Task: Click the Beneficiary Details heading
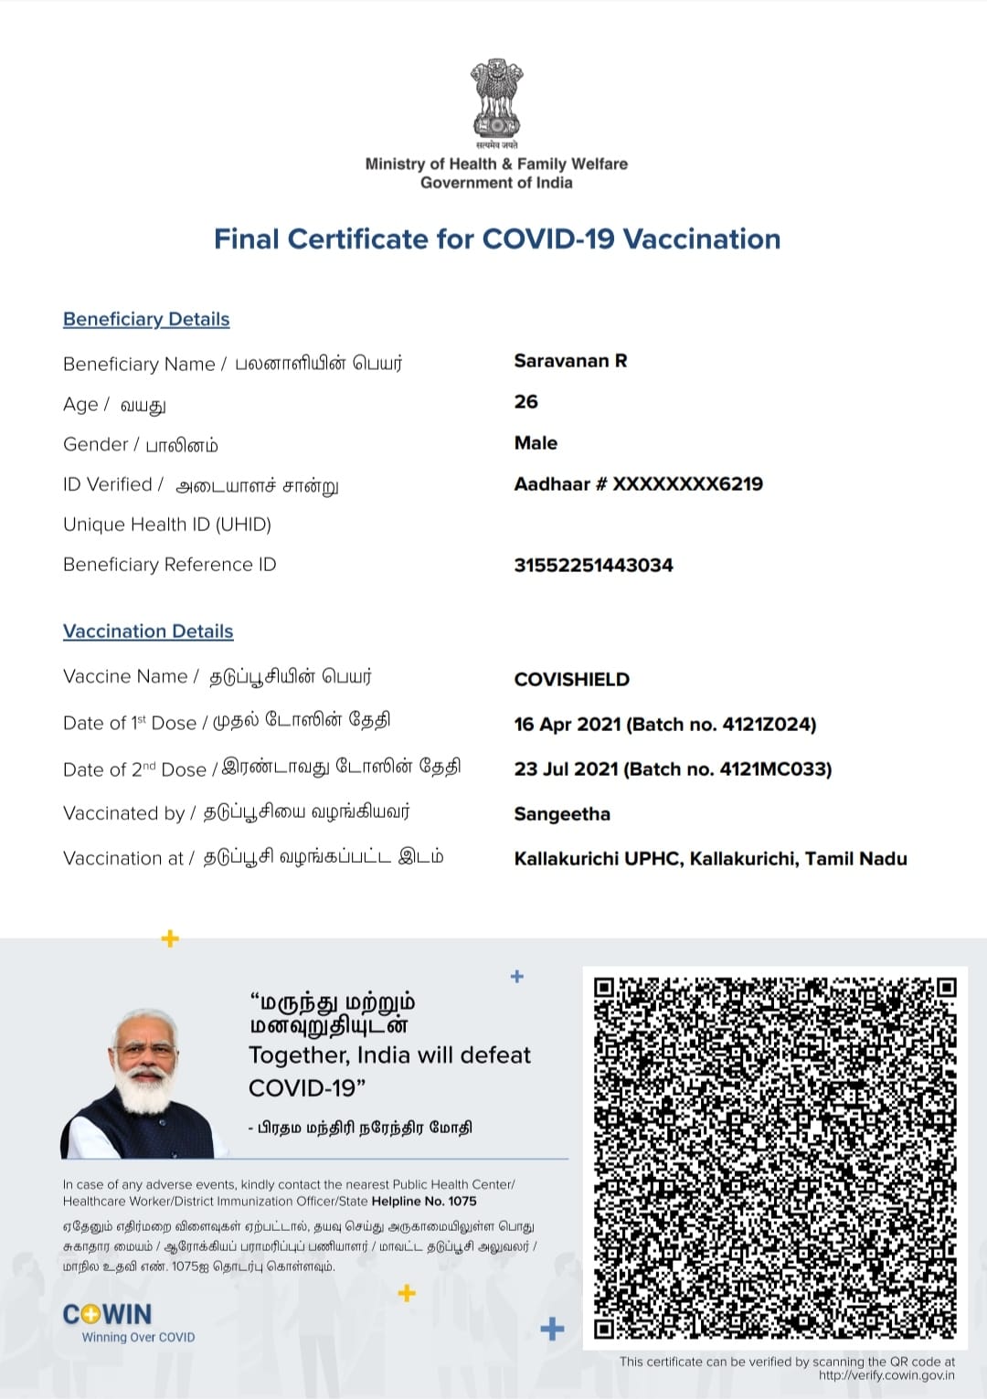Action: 146,319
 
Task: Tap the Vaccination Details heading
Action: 148,631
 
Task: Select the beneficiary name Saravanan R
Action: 570,361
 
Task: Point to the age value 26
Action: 525,402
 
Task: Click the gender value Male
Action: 536,443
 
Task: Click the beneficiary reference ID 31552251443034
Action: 593,566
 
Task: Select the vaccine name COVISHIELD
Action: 571,680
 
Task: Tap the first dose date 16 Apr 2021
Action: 567,725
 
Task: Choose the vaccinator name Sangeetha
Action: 562,814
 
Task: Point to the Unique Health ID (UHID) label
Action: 167,525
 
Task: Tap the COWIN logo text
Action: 108,1315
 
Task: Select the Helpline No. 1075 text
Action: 424,1202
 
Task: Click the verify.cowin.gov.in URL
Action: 886,1375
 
